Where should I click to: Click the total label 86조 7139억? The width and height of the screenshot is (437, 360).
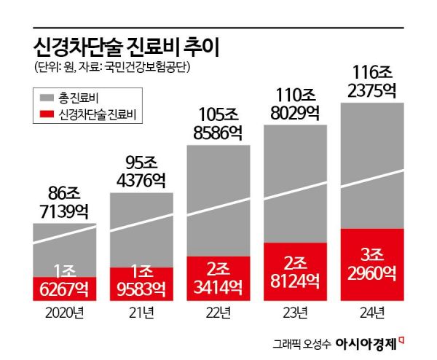tap(64, 203)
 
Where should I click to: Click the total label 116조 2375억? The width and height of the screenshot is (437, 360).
tap(373, 82)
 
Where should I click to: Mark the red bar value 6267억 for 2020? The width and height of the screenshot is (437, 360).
tap(64, 289)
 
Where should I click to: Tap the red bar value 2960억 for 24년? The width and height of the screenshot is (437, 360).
tap(373, 274)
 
